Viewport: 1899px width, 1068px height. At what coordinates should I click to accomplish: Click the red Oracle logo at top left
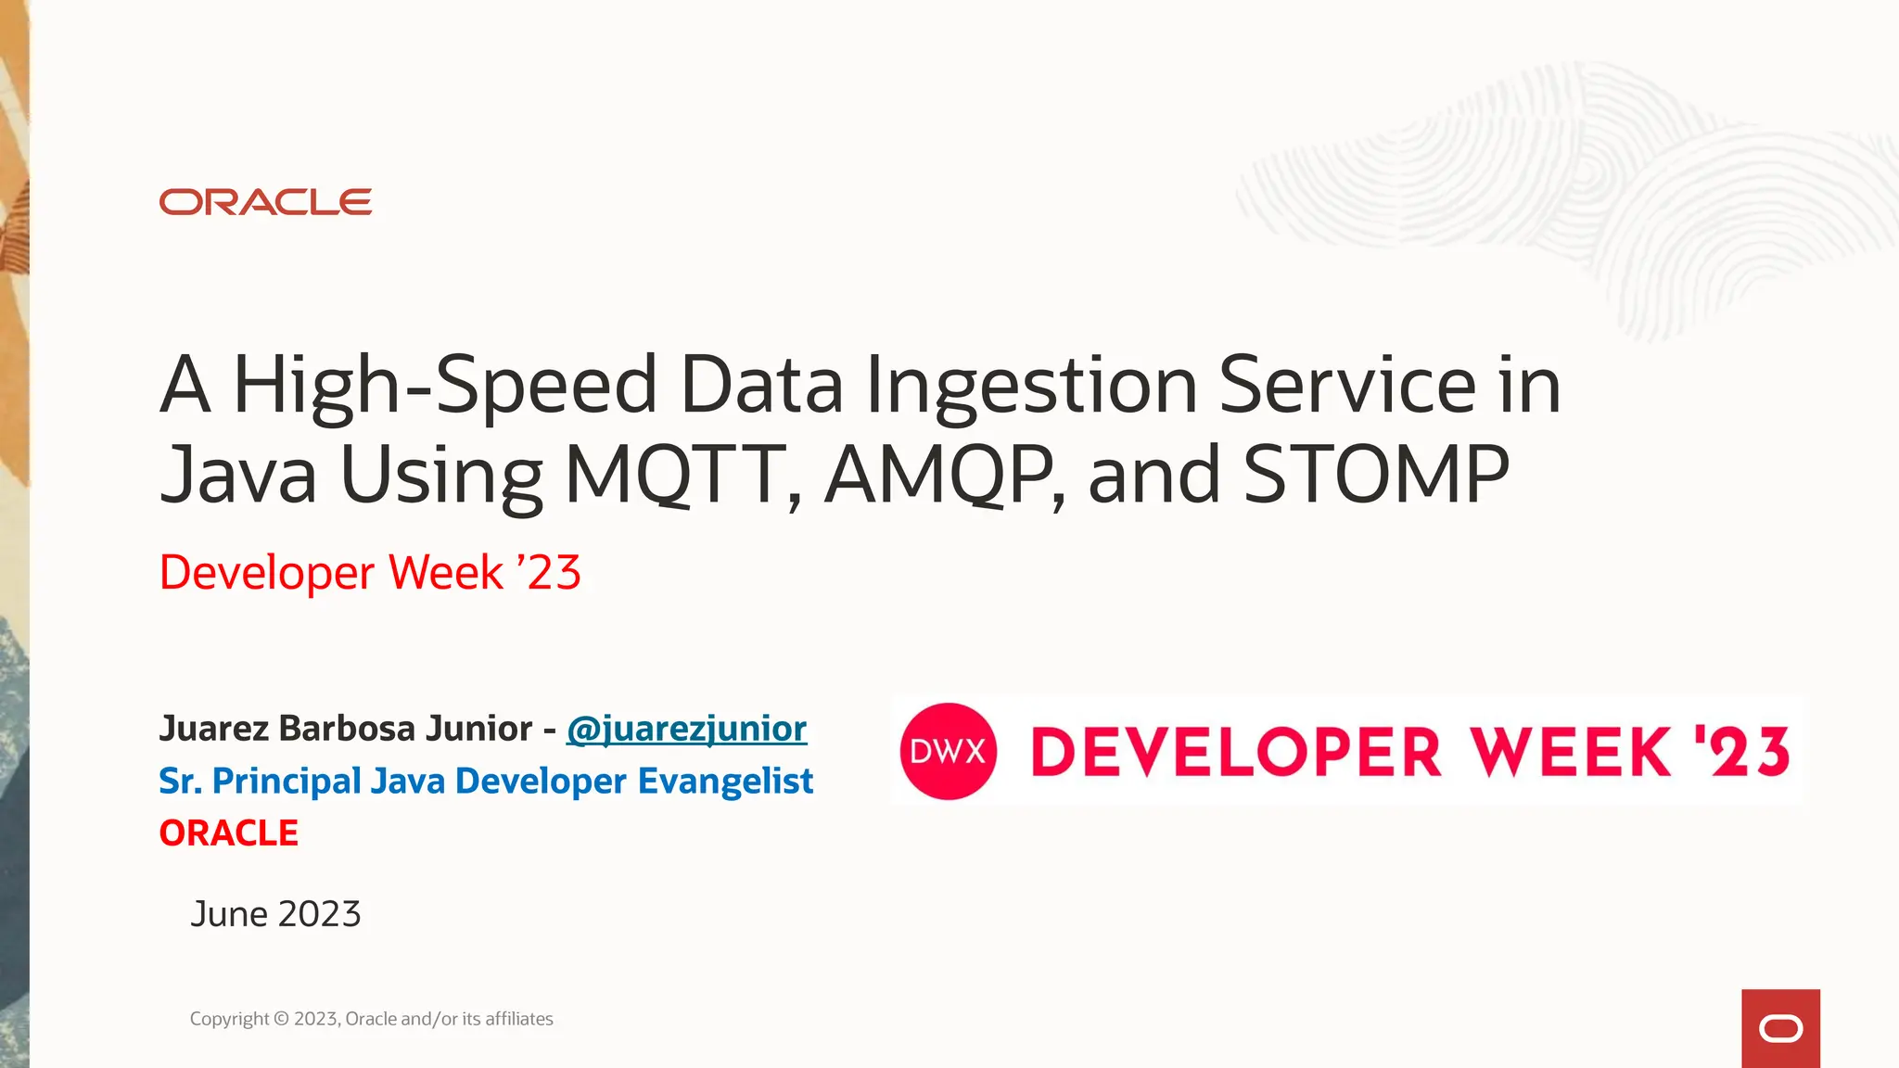point(265,202)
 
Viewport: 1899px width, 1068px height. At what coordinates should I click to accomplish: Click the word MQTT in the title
point(682,475)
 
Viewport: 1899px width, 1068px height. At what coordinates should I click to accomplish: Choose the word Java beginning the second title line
point(238,475)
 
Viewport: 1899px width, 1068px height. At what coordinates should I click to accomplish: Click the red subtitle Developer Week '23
point(370,572)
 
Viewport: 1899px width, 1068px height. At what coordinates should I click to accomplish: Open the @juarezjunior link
point(686,729)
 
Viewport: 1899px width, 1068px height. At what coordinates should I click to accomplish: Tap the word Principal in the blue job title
point(287,781)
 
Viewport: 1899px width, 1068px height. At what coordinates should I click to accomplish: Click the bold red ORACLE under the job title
point(228,833)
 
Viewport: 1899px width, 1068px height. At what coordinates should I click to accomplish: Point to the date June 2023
point(275,914)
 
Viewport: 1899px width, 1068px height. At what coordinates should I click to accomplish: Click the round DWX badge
point(948,751)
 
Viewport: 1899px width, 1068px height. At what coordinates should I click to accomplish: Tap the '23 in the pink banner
point(1741,751)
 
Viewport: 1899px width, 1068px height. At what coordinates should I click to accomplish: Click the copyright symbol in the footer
point(281,1019)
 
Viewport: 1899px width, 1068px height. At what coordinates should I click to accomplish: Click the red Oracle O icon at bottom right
point(1780,1029)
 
